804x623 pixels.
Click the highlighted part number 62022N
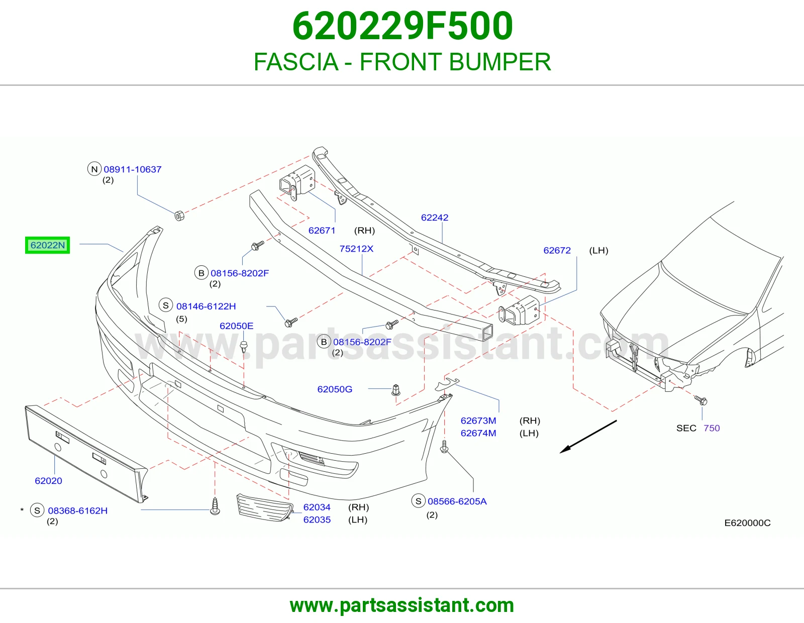[x=47, y=245]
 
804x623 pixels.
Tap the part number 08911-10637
[x=133, y=169]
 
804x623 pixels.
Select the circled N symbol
[x=94, y=169]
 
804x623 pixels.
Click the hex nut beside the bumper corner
[x=179, y=215]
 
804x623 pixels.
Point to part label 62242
[x=434, y=218]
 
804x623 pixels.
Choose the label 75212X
[x=356, y=249]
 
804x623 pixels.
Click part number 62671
[x=322, y=231]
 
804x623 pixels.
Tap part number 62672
[x=557, y=251]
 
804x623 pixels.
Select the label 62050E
[x=237, y=326]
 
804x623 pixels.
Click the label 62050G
[x=335, y=389]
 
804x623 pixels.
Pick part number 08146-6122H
[x=206, y=306]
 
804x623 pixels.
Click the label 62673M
[x=478, y=421]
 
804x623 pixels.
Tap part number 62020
[x=48, y=481]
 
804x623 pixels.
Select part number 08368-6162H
[x=78, y=511]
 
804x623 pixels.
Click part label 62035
[x=317, y=520]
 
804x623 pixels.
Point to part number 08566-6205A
[x=457, y=501]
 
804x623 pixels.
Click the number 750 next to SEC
[x=712, y=429]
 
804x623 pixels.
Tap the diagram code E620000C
[x=747, y=523]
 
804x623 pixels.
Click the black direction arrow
[x=588, y=437]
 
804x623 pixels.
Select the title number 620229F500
[x=403, y=26]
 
